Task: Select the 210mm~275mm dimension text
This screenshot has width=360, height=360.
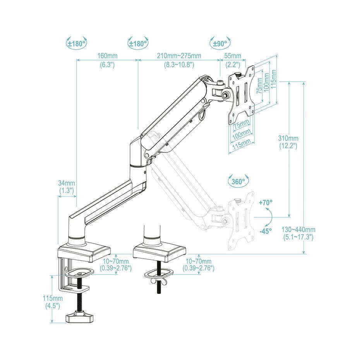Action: click(x=178, y=56)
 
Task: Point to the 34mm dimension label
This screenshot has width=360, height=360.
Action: click(x=67, y=183)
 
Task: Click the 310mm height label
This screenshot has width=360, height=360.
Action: click(x=288, y=138)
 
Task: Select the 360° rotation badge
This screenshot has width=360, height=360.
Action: click(x=238, y=181)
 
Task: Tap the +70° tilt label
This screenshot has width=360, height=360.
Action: click(x=266, y=202)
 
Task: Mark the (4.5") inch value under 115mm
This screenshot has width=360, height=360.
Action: click(x=52, y=306)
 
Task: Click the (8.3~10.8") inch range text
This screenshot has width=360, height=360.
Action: click(x=178, y=65)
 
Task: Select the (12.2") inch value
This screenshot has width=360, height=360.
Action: click(x=288, y=146)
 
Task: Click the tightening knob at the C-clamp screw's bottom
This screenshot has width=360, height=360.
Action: click(x=80, y=318)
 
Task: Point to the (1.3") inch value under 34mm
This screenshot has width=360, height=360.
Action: click(x=67, y=191)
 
